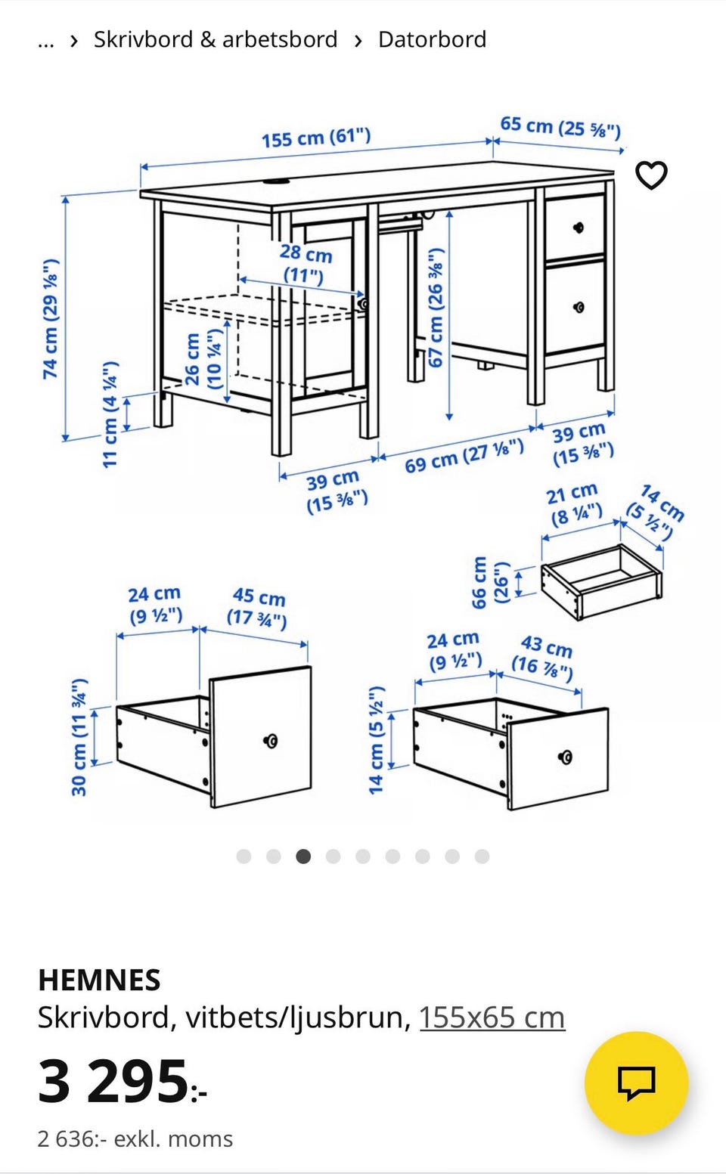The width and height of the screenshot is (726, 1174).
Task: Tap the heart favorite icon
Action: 651,175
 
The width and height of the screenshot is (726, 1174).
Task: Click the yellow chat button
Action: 636,1083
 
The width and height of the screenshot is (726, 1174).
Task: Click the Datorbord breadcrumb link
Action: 433,40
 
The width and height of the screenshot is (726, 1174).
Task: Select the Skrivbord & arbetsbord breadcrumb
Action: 216,40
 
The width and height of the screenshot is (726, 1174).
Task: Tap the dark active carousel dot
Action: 303,856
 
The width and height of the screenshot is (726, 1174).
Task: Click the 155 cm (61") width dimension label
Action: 316,138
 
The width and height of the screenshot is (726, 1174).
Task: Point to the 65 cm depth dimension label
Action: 560,127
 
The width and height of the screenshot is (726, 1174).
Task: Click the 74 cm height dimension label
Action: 51,318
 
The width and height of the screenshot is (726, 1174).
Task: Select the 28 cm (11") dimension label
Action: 306,263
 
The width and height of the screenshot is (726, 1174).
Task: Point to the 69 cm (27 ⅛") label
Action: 464,456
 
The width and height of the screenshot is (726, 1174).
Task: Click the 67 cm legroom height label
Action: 436,308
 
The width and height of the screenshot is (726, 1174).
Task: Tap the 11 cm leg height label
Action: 110,414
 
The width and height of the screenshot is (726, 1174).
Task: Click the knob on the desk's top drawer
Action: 579,228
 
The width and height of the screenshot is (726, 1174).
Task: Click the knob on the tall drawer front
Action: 271,741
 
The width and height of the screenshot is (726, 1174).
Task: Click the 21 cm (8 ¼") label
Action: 573,504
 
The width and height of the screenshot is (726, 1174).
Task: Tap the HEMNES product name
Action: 99,980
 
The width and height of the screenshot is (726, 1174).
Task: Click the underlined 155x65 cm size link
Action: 492,1018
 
